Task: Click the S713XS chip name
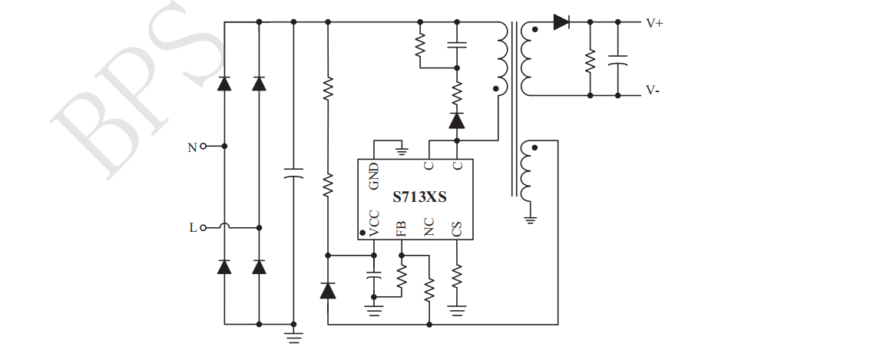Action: [x=419, y=197]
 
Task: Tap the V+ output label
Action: [x=654, y=23]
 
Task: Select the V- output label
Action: [x=653, y=90]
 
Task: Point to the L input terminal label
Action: [x=192, y=227]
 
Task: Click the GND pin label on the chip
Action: [x=374, y=176]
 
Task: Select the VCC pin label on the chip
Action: [x=374, y=223]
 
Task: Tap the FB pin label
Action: [x=402, y=228]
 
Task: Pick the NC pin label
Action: [x=429, y=226]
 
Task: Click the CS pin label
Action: [x=457, y=228]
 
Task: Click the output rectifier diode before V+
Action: [x=561, y=22]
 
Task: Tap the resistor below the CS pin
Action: [x=457, y=274]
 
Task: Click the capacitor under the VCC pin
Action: [x=374, y=274]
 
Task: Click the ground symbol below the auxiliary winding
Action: [x=530, y=220]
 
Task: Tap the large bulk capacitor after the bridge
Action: [x=293, y=172]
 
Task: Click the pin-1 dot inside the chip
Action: [x=362, y=230]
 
